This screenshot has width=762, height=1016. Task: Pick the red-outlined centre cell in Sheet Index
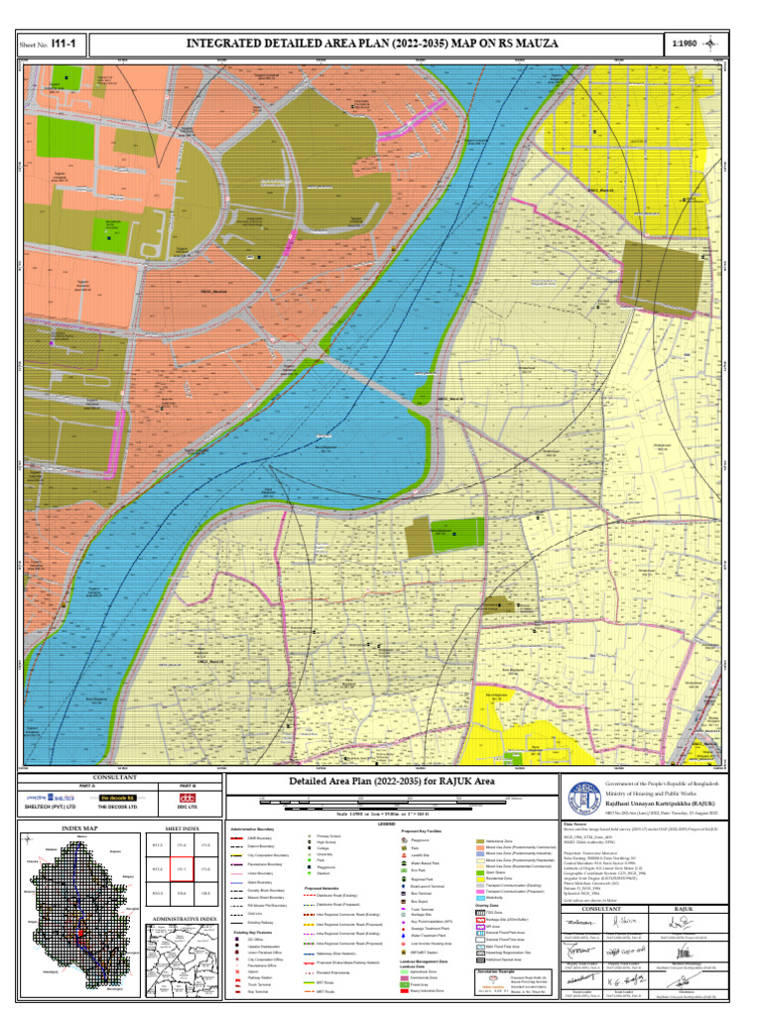tap(183, 869)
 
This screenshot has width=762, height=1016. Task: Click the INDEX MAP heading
tap(80, 826)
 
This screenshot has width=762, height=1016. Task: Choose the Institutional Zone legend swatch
tap(480, 840)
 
